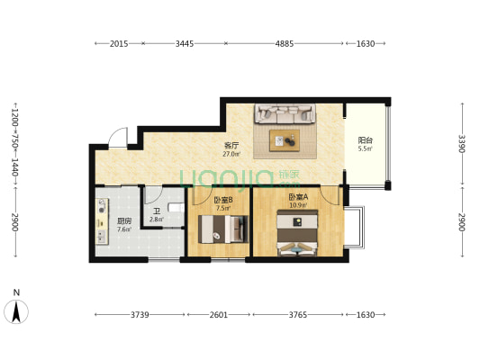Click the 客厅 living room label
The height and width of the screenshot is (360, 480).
click(x=231, y=145)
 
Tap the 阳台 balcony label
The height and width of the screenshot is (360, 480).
click(x=366, y=140)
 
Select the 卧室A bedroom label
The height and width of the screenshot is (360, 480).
click(x=298, y=197)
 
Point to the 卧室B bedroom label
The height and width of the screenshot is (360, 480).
click(x=223, y=201)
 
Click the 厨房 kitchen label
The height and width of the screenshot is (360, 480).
click(x=124, y=221)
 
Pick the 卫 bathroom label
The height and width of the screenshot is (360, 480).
click(x=157, y=211)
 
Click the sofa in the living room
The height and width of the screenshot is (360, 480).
click(x=285, y=113)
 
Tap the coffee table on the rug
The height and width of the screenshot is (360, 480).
click(x=285, y=140)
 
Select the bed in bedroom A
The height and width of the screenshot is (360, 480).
click(x=297, y=233)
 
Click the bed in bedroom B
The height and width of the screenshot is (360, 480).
click(x=223, y=229)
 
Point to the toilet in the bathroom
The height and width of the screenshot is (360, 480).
click(x=177, y=208)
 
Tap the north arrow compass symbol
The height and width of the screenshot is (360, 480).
click(x=16, y=311)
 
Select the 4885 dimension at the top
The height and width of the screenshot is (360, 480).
click(x=285, y=44)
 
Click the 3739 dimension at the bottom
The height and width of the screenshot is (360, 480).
click(x=140, y=315)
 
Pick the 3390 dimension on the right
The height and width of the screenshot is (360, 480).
click(x=462, y=144)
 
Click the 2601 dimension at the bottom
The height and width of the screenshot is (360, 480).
click(x=219, y=315)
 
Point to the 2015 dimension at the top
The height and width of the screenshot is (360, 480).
click(x=119, y=44)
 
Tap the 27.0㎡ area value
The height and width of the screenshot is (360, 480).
click(x=231, y=154)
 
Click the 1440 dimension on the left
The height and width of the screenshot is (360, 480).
click(x=14, y=167)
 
